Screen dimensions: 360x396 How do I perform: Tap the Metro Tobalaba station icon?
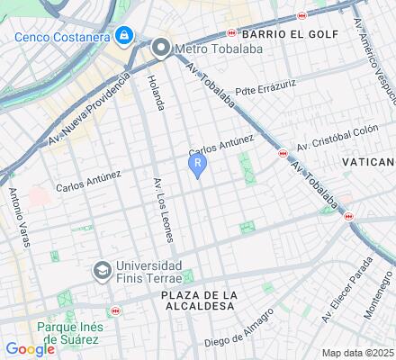coord(161,48)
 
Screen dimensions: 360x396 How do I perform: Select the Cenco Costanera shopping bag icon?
coord(122,36)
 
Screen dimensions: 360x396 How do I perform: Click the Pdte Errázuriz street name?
coord(265,91)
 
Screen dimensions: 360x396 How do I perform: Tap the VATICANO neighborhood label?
coord(369,161)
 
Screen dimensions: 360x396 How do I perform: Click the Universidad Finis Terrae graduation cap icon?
coord(103,269)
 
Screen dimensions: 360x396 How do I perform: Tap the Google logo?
coord(30,349)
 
